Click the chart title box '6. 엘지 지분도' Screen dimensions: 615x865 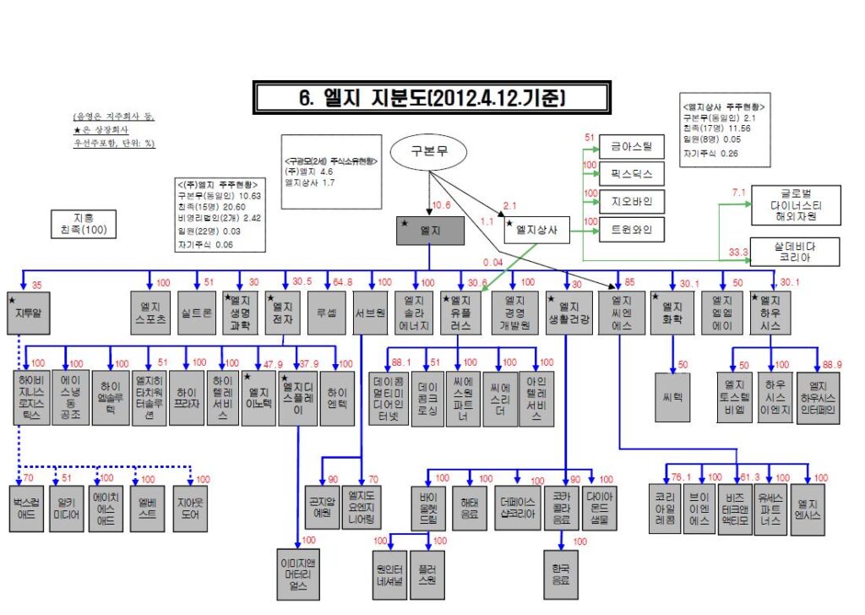[431, 97]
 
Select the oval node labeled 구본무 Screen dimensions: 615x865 [428, 152]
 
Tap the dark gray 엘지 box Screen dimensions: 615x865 [431, 231]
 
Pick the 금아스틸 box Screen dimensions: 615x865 [632, 147]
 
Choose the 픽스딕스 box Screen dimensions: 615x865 [632, 175]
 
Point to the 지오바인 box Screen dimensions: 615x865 [632, 202]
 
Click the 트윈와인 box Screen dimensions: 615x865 [632, 229]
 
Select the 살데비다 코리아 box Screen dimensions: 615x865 [796, 252]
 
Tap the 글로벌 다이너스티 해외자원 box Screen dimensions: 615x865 [796, 205]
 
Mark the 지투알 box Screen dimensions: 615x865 [29, 313]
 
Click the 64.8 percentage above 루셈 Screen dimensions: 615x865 [343, 282]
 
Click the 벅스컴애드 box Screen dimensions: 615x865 [29, 508]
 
